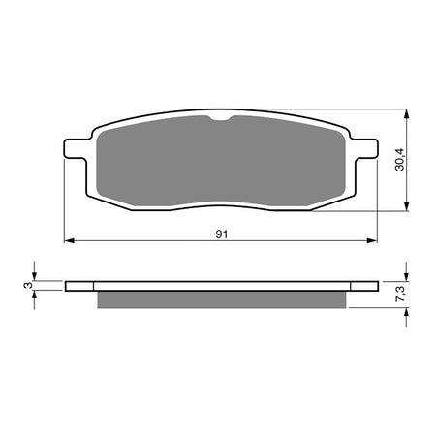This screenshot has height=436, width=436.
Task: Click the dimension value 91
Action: [221, 233]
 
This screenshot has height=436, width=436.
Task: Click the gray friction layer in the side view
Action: [221, 301]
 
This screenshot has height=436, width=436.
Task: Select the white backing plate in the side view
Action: [221, 287]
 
